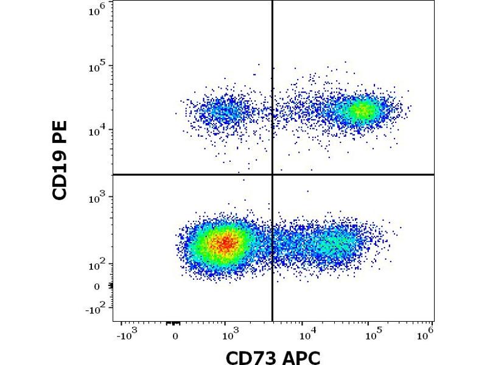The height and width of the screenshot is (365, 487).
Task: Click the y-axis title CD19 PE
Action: tap(60, 159)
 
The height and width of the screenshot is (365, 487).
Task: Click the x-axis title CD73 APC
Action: tap(273, 357)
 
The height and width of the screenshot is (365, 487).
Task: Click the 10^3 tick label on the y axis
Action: tap(98, 197)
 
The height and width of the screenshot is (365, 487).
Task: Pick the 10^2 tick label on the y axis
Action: tap(98, 265)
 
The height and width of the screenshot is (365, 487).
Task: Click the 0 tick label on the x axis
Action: tap(175, 335)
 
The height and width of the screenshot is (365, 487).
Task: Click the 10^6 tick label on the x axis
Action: tap(427, 332)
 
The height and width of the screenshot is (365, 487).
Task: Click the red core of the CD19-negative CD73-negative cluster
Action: tap(226, 243)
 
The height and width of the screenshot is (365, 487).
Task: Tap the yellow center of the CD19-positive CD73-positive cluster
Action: tap(363, 110)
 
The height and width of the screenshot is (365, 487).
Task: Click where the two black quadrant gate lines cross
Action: tap(272, 175)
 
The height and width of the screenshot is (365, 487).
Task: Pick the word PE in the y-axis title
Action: tap(60, 134)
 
